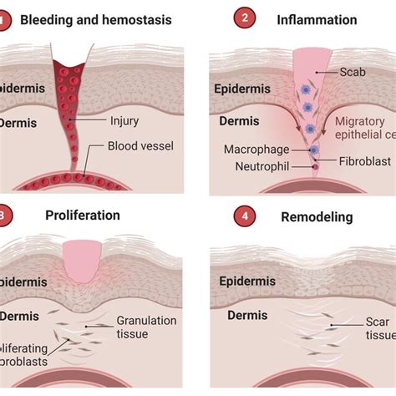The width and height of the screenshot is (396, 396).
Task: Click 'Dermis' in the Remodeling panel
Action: tap(242, 316)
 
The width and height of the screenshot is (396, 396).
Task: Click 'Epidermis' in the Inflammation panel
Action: tap(244, 88)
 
